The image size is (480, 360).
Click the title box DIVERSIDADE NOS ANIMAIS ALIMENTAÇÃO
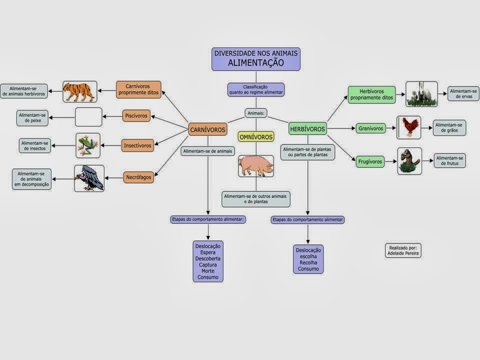[256, 58]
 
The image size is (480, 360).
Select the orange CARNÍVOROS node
[207, 130]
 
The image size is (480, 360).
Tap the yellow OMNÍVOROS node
[256, 136]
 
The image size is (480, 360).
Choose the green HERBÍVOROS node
[307, 129]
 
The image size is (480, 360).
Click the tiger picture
[79, 91]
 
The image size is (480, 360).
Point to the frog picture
[88, 145]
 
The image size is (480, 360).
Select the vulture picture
[89, 178]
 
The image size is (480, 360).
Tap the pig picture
[255, 166]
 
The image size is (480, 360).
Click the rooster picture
[408, 127]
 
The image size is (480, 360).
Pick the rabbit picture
[421, 94]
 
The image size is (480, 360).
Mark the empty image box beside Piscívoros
[88, 117]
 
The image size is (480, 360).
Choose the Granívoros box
[370, 128]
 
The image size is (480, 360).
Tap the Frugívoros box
[370, 161]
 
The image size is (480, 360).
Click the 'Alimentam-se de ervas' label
[463, 93]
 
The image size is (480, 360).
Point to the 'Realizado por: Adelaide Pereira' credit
[403, 250]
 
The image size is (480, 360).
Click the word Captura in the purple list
[208, 264]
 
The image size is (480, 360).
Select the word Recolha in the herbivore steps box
[308, 262]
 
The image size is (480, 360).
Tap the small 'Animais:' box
[256, 113]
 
